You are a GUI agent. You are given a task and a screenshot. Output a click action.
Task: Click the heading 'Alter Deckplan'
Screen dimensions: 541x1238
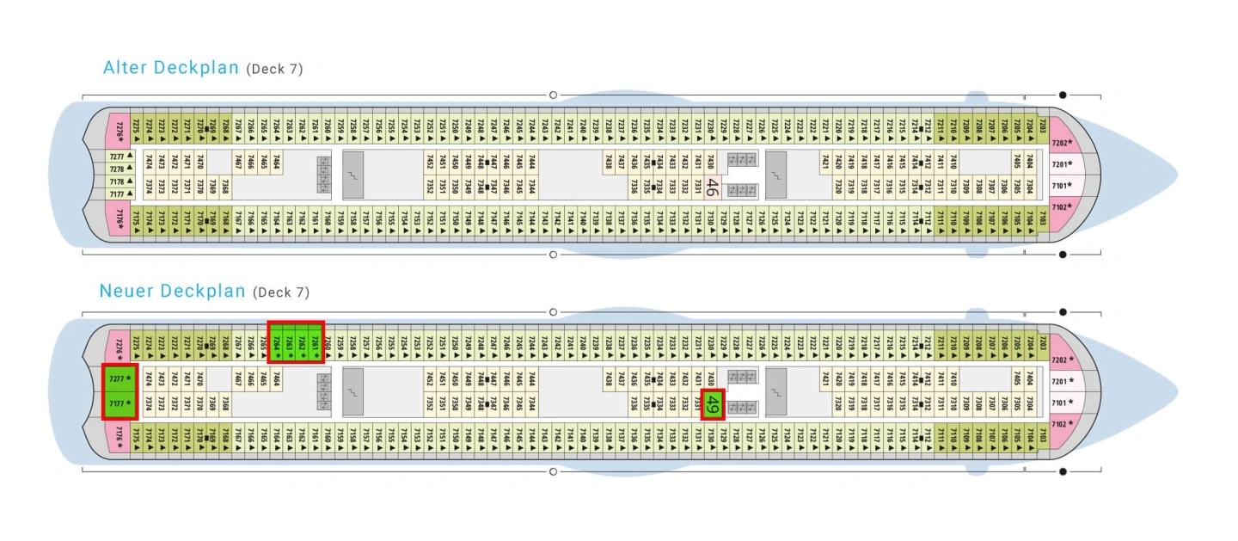click(x=170, y=67)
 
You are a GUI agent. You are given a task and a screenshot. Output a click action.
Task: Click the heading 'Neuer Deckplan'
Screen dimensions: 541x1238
click(x=173, y=291)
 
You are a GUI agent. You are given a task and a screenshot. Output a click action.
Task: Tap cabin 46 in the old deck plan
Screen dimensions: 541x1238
click(x=712, y=186)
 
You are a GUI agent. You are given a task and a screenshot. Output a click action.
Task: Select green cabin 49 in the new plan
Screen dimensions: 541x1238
click(x=712, y=403)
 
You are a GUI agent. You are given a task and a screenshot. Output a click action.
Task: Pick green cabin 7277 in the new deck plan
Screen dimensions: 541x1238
click(x=119, y=378)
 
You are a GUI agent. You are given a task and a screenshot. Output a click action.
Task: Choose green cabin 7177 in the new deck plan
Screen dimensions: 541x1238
click(x=119, y=404)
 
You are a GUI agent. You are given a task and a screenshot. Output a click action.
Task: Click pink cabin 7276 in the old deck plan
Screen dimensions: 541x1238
click(x=118, y=131)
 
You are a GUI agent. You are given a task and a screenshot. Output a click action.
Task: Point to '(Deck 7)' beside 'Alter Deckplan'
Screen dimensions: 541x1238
click(x=274, y=69)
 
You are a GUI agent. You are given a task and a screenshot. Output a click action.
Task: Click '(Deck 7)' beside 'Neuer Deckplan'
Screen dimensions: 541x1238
click(x=280, y=292)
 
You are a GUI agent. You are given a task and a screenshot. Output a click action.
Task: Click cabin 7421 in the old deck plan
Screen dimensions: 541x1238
click(x=825, y=162)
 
